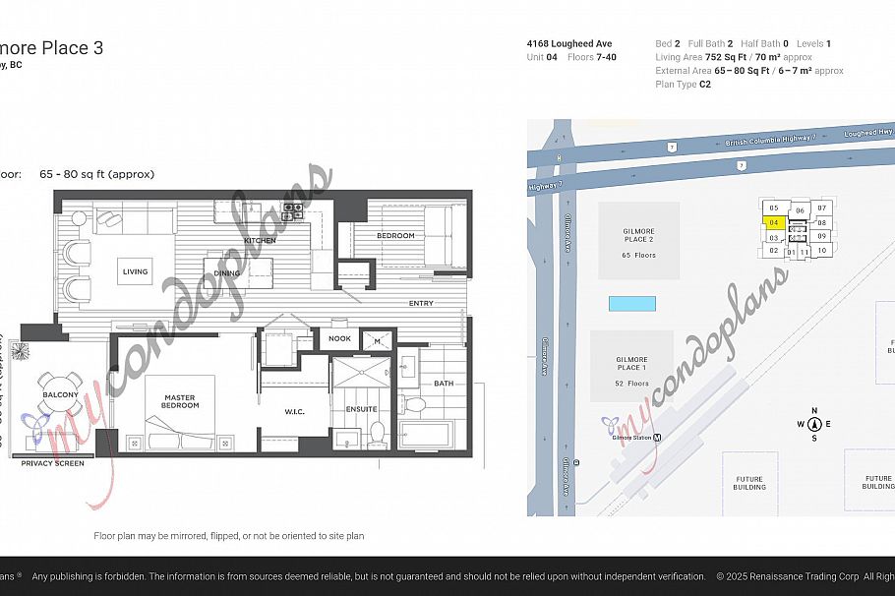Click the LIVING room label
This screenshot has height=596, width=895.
pyautogui.click(x=135, y=271)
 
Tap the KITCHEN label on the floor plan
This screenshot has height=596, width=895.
pyautogui.click(x=261, y=240)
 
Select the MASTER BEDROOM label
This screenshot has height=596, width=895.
pyautogui.click(x=179, y=402)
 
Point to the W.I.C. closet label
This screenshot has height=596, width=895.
pyautogui.click(x=293, y=412)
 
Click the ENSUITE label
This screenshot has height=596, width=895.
pyautogui.click(x=361, y=409)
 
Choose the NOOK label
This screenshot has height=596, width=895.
pyautogui.click(x=339, y=338)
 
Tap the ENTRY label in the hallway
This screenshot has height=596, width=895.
pyautogui.click(x=421, y=303)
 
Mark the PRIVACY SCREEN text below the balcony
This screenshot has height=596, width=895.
pyautogui.click(x=52, y=463)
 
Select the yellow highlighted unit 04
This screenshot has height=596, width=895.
pyautogui.click(x=774, y=223)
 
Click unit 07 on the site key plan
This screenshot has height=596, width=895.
pyautogui.click(x=822, y=208)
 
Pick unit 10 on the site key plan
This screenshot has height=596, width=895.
pyautogui.click(x=822, y=250)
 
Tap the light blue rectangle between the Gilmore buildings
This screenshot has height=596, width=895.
pyautogui.click(x=631, y=303)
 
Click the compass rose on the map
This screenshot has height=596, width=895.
pyautogui.click(x=814, y=425)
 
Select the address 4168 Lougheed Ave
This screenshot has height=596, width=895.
pyautogui.click(x=569, y=44)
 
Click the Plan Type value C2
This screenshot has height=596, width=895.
pyautogui.click(x=705, y=85)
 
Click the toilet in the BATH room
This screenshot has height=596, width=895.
pyautogui.click(x=415, y=403)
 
